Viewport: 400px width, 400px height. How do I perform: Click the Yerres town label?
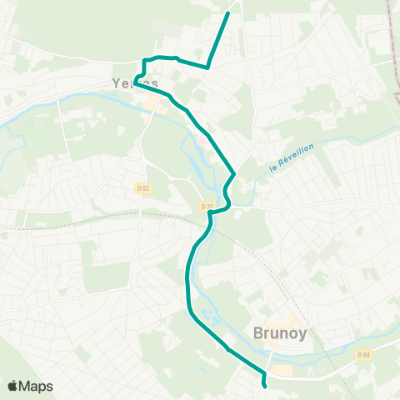coord(134,83)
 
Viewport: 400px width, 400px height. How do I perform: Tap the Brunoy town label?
coord(278,333)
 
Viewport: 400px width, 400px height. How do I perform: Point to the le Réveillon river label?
coord(291,158)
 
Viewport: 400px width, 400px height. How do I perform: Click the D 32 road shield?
coord(207,205)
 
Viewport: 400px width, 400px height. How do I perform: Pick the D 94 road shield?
coord(363,355)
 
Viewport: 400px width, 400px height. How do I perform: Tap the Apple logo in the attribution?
coord(12,386)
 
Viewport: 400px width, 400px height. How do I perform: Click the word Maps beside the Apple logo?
coord(36,386)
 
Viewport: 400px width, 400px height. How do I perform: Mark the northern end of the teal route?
coord(228,12)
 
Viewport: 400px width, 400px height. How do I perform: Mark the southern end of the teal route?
coord(265,386)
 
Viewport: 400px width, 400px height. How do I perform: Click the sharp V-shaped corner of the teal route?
coord(207,66)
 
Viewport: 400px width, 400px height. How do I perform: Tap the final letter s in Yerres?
coord(154,84)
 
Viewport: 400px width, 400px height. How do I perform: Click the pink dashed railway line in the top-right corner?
coord(389,25)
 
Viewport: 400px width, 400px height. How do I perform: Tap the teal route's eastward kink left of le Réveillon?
coord(235,175)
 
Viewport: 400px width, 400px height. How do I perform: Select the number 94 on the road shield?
coord(366,355)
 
